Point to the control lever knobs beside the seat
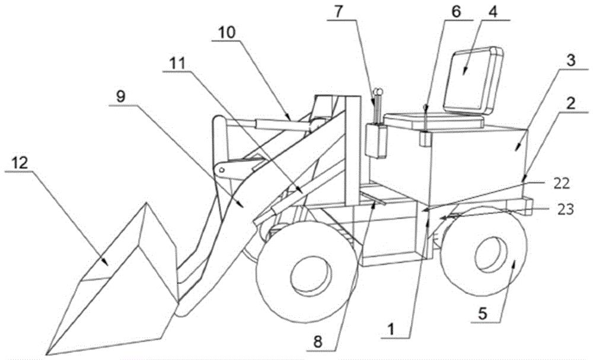[377, 92]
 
